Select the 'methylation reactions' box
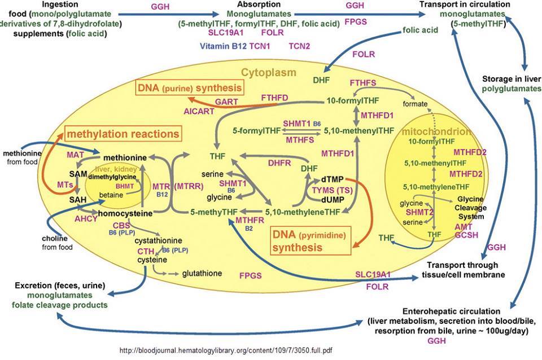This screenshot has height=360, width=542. tap(124, 134)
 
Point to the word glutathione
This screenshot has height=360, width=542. tap(202, 273)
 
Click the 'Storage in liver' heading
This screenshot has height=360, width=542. tap(509, 78)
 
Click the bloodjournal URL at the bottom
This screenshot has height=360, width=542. tap(226, 350)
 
